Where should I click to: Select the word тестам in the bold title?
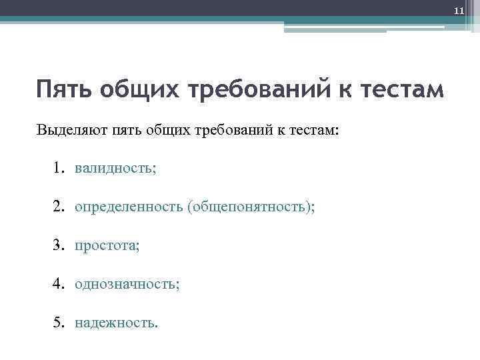tap(400, 89)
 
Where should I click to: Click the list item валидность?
tap(115, 168)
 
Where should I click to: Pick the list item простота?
tap(107, 246)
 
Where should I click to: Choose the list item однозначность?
tap(127, 285)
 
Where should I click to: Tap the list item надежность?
tap(117, 323)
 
